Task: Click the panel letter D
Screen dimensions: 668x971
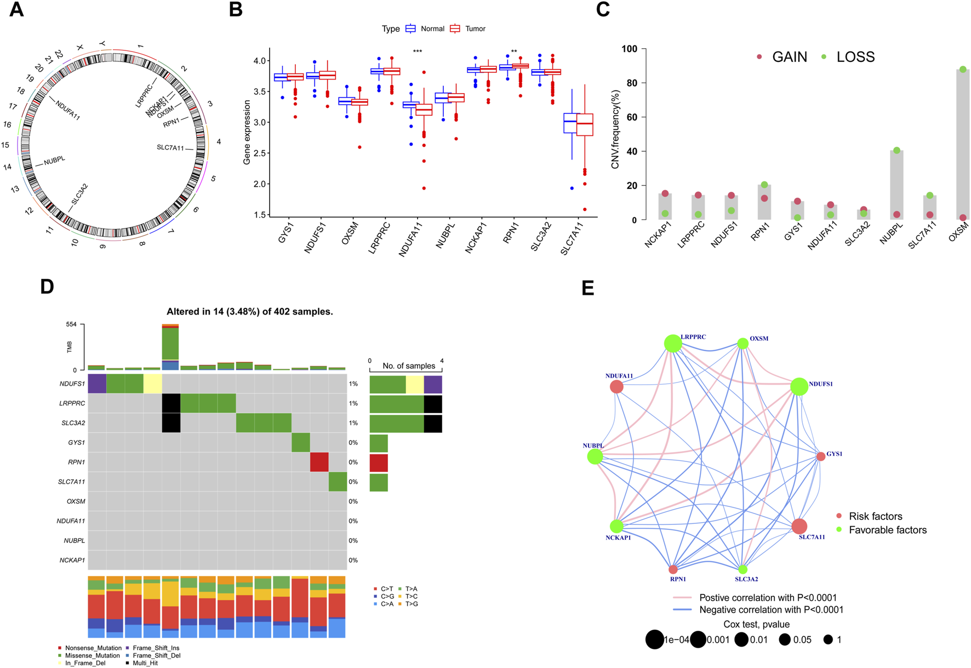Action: pyautogui.click(x=47, y=287)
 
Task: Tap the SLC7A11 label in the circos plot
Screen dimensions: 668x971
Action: pyautogui.click(x=170, y=148)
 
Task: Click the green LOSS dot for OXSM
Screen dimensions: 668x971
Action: pyautogui.click(x=963, y=70)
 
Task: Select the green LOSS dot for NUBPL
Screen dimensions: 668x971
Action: pyautogui.click(x=896, y=150)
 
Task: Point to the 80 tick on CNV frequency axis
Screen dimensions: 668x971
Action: pyautogui.click(x=630, y=83)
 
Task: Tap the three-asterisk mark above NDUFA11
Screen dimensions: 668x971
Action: pyautogui.click(x=418, y=52)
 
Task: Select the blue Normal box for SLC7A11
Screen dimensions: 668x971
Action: pyautogui.click(x=572, y=123)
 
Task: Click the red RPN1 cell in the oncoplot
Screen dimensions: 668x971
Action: pyautogui.click(x=319, y=462)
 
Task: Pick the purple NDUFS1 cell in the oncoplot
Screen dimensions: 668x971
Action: pyautogui.click(x=97, y=384)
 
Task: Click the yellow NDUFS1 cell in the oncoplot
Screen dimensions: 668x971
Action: pyautogui.click(x=152, y=384)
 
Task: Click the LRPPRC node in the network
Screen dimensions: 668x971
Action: pyautogui.click(x=673, y=344)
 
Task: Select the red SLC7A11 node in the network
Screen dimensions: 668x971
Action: pyautogui.click(x=799, y=526)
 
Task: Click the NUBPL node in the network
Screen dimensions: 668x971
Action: pyautogui.click(x=595, y=456)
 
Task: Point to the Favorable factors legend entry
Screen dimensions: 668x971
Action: pyautogui.click(x=887, y=530)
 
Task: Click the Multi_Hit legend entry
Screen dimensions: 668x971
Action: pyautogui.click(x=145, y=663)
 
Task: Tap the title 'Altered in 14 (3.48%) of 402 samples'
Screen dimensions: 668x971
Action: pyautogui.click(x=250, y=312)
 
